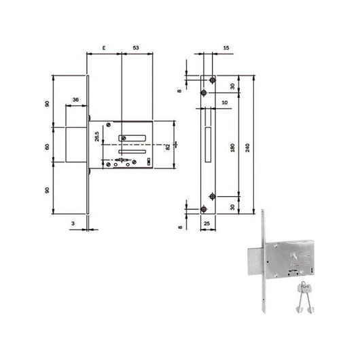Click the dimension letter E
[103, 48]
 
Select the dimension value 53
[136, 48]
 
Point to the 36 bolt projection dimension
[75, 101]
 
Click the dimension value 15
[225, 48]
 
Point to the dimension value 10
[223, 102]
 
